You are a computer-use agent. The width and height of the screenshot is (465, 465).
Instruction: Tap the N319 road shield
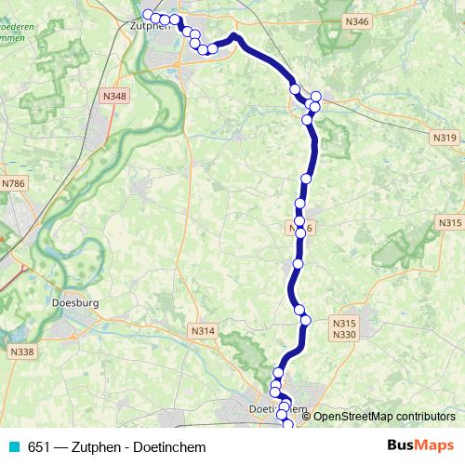pos(445,138)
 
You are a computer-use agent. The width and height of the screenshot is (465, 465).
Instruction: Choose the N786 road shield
pos(13,184)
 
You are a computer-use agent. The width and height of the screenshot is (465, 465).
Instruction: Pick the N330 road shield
pos(344,335)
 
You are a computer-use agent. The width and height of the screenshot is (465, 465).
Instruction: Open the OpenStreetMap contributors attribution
pos(383,416)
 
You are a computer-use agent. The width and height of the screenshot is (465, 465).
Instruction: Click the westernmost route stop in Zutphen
pos(147,14)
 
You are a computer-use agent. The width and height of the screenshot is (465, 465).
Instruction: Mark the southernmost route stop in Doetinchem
pos(286,424)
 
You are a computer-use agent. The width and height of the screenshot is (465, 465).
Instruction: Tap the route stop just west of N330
pos(305,320)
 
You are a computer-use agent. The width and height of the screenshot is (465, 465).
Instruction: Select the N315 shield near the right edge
pos(450,223)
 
